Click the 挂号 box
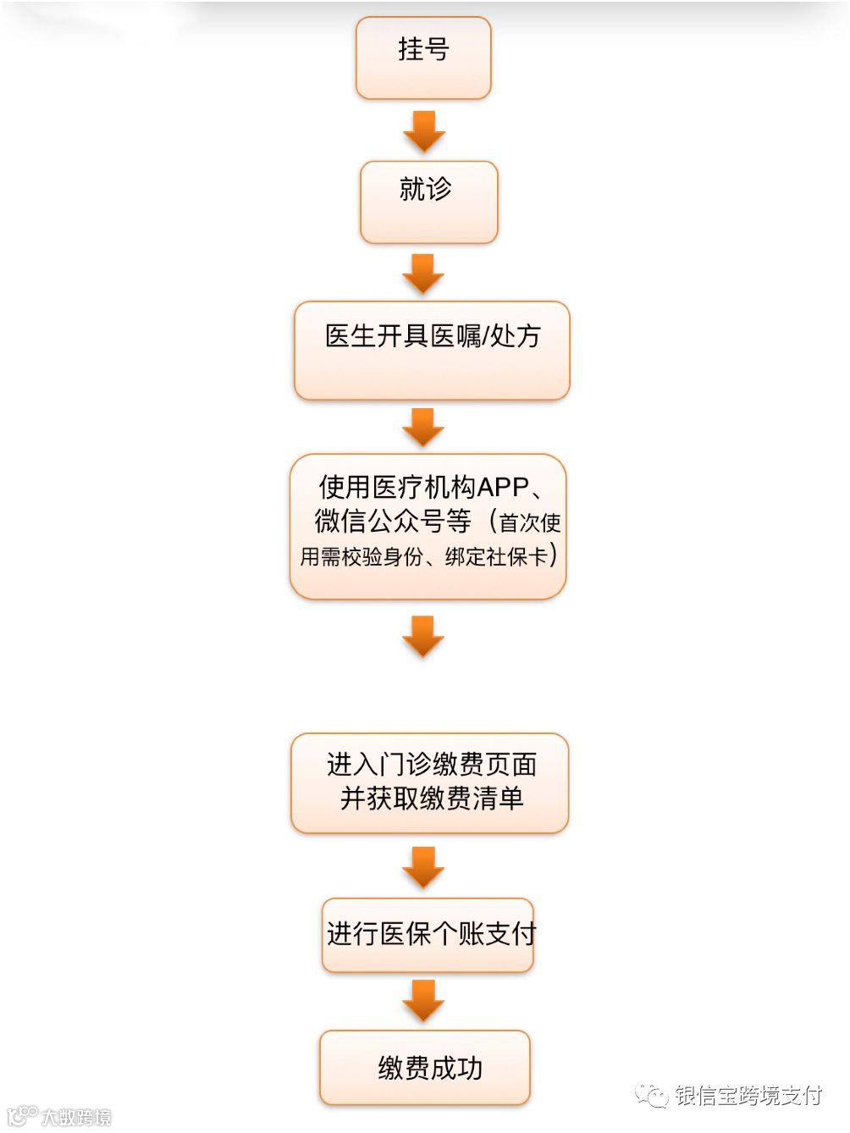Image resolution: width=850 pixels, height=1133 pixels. tap(423, 58)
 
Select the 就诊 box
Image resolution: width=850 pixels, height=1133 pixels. tap(428, 202)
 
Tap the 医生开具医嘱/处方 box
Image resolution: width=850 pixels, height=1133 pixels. tap(432, 350)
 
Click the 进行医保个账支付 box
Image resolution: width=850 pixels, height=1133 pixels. tap(428, 934)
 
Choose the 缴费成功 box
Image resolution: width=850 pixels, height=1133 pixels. tap(425, 1067)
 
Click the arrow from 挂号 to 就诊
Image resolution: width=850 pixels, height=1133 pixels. tap(423, 131)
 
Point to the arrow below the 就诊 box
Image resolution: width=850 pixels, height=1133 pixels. tap(423, 274)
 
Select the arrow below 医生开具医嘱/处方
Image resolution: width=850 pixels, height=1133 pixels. tap(423, 427)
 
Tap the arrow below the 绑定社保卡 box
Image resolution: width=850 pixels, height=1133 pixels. tap(423, 636)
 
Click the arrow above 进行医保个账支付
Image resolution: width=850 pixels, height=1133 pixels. tap(423, 867)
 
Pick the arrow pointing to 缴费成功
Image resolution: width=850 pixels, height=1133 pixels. tap(423, 1000)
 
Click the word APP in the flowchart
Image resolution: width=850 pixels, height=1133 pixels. tap(503, 488)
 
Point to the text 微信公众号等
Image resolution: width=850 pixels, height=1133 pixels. tap(392, 522)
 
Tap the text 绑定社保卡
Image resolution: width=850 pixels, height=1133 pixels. tap(496, 557)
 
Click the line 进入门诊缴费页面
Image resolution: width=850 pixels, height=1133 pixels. tap(432, 765)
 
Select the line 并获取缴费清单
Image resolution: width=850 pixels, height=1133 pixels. tap(432, 799)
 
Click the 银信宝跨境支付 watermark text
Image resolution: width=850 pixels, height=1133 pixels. tap(748, 1095)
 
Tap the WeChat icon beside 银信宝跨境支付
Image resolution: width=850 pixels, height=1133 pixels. tap(652, 1096)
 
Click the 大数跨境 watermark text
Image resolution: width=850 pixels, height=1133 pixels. tap(76, 1117)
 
